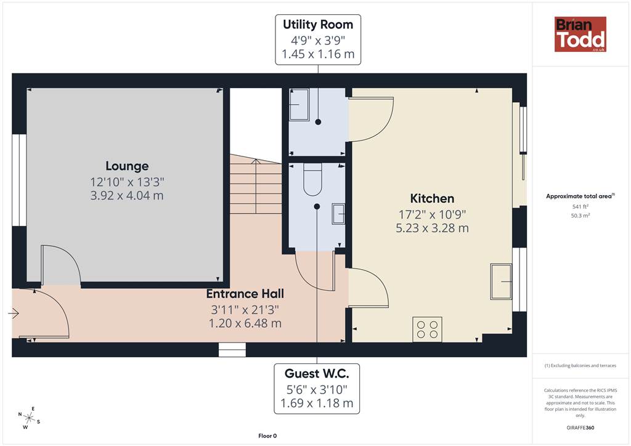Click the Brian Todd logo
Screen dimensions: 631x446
(580, 34)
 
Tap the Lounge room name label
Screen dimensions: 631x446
(127, 166)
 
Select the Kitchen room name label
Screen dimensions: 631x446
(432, 198)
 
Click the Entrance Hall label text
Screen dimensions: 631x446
(245, 294)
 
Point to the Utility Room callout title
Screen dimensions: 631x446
(318, 25)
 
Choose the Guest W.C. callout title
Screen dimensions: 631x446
(317, 373)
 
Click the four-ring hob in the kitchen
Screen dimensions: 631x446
(428, 330)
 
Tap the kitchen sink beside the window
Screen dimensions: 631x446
(501, 282)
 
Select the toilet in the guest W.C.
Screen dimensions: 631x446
(312, 179)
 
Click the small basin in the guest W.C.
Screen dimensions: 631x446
(338, 214)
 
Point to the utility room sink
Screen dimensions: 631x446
(299, 105)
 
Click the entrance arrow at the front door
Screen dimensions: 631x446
(14, 313)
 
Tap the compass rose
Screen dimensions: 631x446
(29, 418)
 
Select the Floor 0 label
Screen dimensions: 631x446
(267, 436)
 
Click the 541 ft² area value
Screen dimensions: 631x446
(580, 207)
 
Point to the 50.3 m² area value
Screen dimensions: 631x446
(580, 216)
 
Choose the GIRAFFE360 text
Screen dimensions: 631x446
(580, 428)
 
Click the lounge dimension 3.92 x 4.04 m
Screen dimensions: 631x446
(127, 195)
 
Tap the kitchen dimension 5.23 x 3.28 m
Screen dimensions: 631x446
(432, 228)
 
